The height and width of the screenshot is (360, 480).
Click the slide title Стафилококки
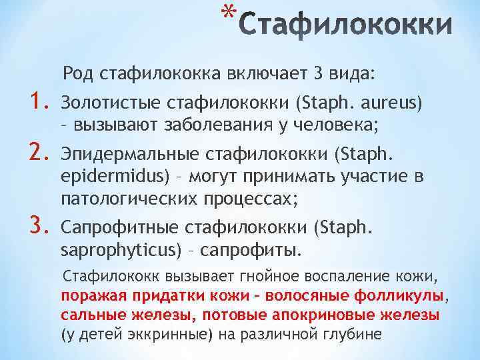click(346, 27)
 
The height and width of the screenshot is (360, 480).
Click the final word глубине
click(353, 333)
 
